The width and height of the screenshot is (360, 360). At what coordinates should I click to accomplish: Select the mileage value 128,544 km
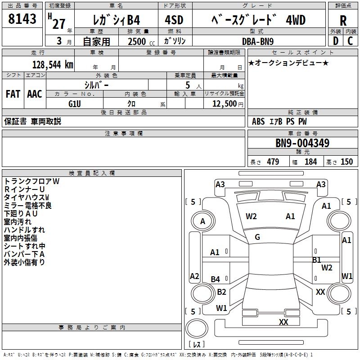pyautogui.click(x=52, y=65)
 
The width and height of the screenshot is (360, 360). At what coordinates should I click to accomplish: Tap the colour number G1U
pyautogui.click(x=75, y=103)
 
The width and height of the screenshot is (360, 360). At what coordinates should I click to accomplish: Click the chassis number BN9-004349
pyautogui.click(x=302, y=144)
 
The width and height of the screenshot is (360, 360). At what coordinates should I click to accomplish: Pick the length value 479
pyautogui.click(x=273, y=162)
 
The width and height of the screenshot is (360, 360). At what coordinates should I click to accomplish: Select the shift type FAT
pyautogui.click(x=13, y=94)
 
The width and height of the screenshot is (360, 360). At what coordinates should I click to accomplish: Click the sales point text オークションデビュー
pyautogui.click(x=288, y=63)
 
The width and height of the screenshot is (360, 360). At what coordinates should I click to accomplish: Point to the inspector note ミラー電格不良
pyautogui.click(x=28, y=206)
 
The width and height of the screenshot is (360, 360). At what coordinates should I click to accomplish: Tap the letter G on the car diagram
pyautogui.click(x=257, y=237)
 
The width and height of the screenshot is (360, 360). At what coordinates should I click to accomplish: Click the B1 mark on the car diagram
pyautogui.click(x=317, y=260)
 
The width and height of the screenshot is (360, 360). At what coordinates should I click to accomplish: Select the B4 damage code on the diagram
pyautogui.click(x=216, y=279)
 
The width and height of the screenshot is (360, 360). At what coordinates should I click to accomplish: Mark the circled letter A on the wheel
pyautogui.click(x=202, y=221)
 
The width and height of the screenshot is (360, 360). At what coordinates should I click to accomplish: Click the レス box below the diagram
pyautogui.click(x=197, y=344)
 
